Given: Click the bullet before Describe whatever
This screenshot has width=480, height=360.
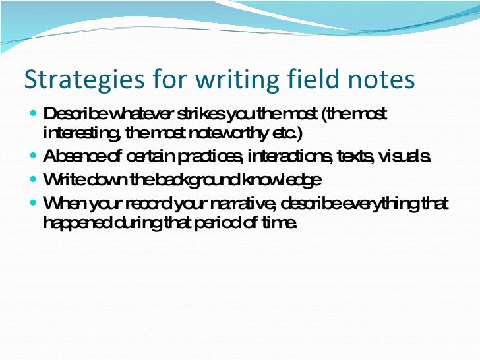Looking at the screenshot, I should coord(34,114).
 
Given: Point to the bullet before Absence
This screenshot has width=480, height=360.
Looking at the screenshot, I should coord(34,157).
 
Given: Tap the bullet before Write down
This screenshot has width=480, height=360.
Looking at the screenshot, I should coord(34,179).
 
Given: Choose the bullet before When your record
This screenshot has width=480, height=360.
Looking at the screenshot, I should coord(34,201).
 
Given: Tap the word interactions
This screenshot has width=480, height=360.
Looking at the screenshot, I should coord(290,158).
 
